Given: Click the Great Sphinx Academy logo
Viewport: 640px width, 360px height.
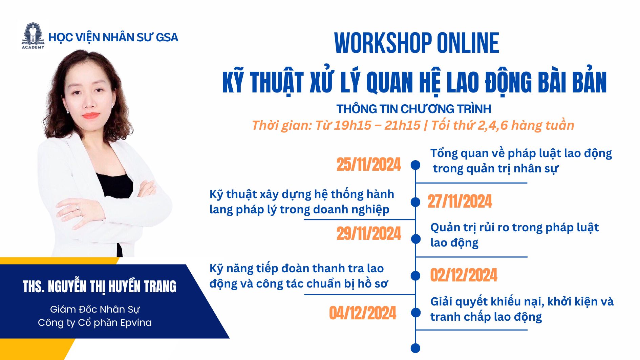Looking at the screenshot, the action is point(33,36).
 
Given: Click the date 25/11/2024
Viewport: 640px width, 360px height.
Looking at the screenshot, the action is point(368,165).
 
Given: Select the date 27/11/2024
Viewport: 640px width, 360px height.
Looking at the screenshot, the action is point(460,202).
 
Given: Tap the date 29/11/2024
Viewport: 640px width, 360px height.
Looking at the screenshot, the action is point(368,234).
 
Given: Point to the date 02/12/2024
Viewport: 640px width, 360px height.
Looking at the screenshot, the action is point(464,275).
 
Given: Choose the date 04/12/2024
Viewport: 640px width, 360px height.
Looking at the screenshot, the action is point(363,313).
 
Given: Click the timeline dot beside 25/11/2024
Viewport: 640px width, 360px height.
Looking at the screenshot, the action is point(415,165).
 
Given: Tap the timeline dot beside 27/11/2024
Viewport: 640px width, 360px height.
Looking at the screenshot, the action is point(415,202).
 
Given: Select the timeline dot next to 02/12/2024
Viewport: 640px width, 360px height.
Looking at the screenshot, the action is point(415,276).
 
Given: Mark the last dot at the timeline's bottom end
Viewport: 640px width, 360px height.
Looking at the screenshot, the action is point(415,348).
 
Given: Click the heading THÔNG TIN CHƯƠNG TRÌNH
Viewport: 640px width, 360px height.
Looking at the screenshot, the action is point(413,109).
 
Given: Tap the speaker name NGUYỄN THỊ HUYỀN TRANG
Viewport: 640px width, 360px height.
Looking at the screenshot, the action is point(112,287).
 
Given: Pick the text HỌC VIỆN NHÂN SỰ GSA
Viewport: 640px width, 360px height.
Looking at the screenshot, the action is point(113,37).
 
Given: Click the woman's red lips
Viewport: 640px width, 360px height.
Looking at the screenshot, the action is point(91,115).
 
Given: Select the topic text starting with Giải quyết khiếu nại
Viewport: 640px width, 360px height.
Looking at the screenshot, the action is point(522,309).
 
